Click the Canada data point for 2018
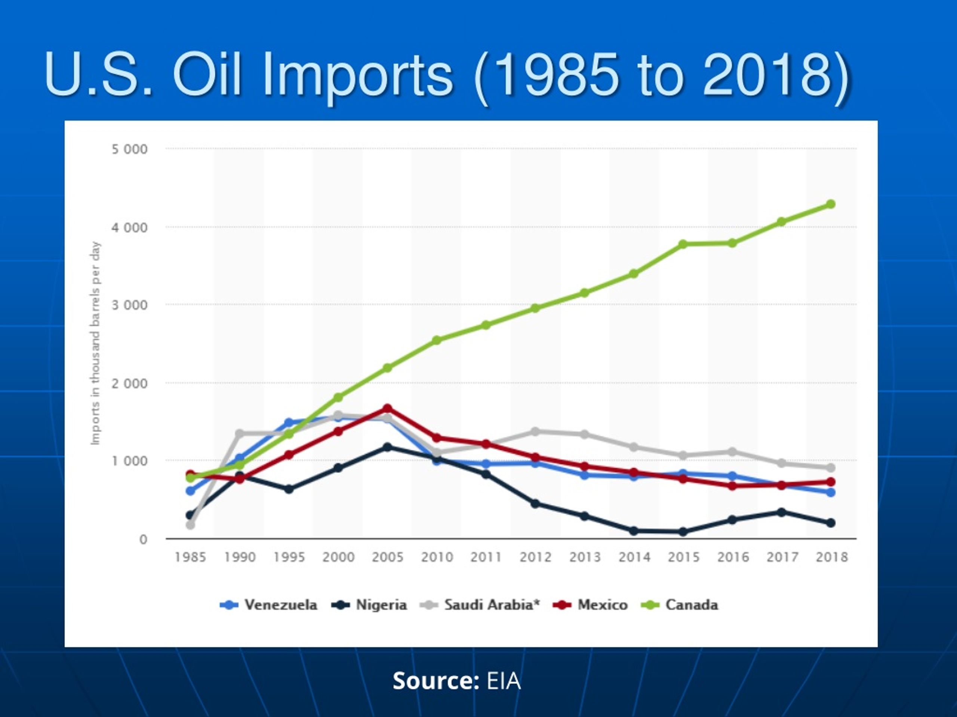pos(831,204)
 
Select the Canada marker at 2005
pos(388,368)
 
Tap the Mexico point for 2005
pos(388,408)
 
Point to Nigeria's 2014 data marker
pos(634,531)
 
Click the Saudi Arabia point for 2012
pos(535,431)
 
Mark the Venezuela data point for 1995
pos(289,423)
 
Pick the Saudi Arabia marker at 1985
pos(190,525)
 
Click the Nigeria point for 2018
pos(831,523)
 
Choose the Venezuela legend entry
pos(269,605)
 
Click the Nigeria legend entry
pos(369,605)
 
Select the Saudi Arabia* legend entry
pos(480,605)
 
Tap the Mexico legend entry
pos(590,605)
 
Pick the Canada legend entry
pos(680,605)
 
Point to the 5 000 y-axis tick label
pos(129,149)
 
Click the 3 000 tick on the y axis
pos(129,305)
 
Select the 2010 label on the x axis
pos(437,557)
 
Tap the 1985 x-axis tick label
pos(190,557)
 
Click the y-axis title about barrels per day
pos(95,343)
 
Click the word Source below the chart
pos(435,681)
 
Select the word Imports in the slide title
pos(358,75)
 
